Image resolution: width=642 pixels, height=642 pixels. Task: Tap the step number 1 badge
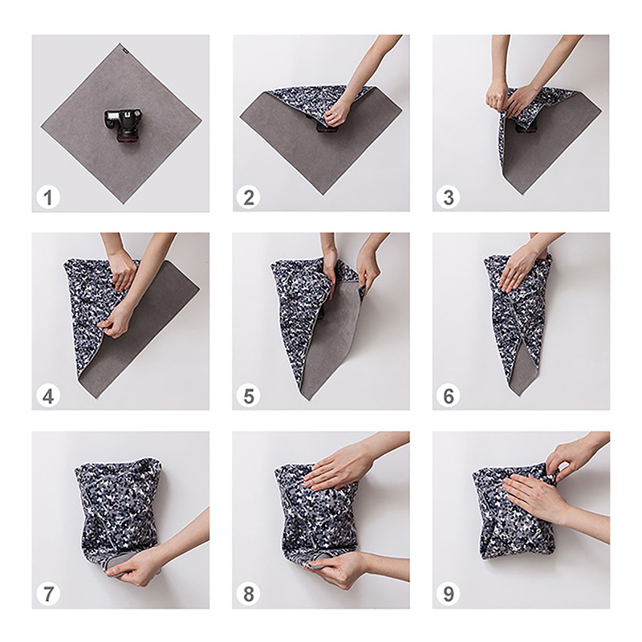(48, 197)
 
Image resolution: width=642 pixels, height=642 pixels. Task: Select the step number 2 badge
(249, 197)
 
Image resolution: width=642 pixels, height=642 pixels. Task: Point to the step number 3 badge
(449, 197)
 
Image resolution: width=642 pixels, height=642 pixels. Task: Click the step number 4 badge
(48, 396)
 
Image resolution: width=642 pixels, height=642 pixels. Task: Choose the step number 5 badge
(249, 396)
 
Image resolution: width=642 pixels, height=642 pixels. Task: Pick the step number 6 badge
(449, 396)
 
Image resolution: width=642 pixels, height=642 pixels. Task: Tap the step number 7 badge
(48, 594)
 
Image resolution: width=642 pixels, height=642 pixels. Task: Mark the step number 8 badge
(249, 594)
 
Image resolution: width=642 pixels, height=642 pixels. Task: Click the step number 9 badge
(449, 594)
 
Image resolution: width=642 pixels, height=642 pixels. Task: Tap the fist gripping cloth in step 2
(337, 114)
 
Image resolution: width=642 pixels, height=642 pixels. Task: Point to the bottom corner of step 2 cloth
(323, 194)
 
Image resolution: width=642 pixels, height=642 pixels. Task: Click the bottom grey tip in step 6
(519, 394)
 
